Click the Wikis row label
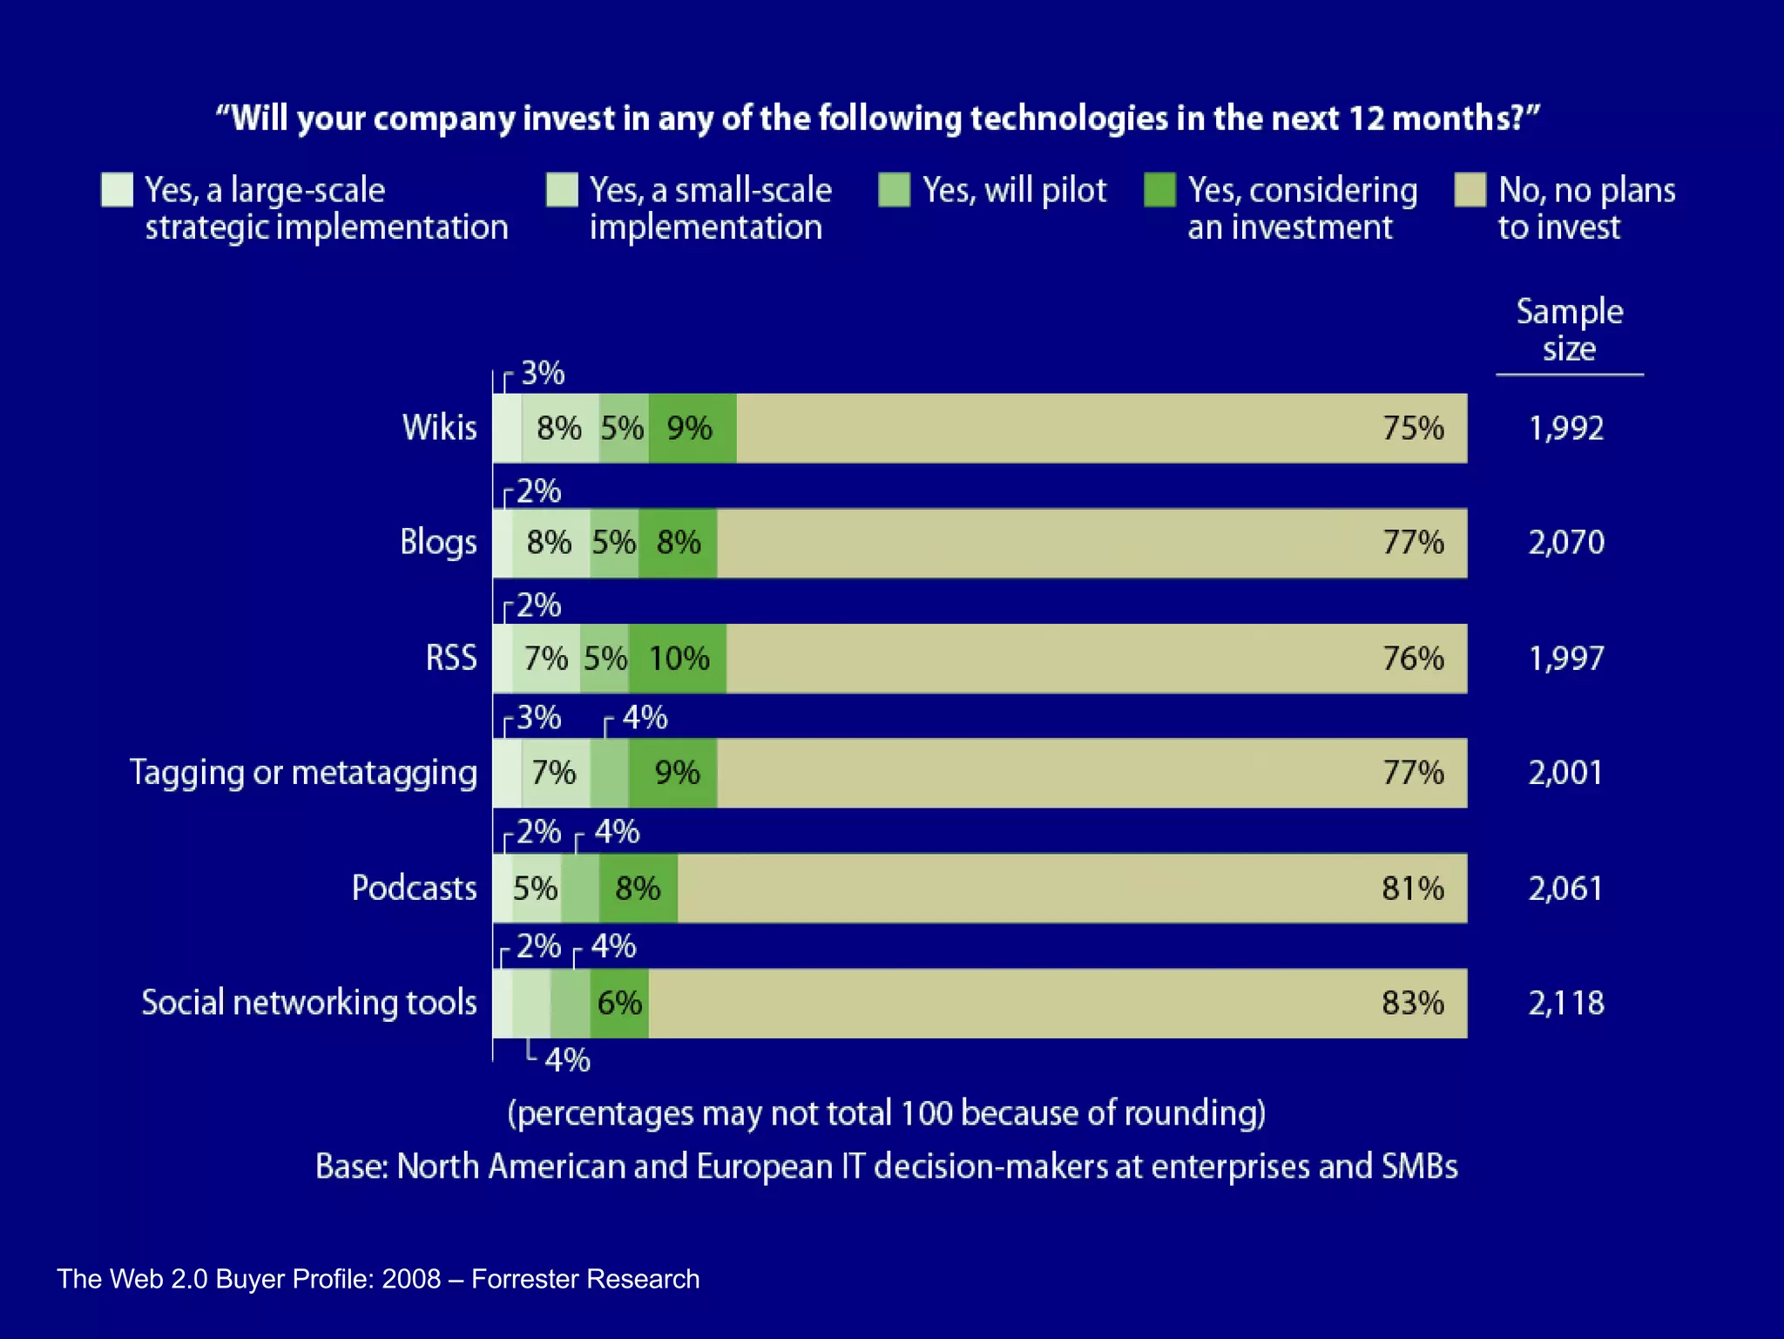click(439, 428)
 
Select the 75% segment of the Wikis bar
click(1101, 428)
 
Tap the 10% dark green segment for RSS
click(679, 659)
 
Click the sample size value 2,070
click(1565, 543)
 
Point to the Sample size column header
click(1569, 330)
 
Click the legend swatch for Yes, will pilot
click(894, 190)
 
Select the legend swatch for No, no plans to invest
click(1470, 190)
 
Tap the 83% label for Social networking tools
click(1412, 1003)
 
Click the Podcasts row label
click(414, 888)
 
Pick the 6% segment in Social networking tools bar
click(619, 1003)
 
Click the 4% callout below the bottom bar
click(567, 1060)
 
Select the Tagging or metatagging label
click(303, 773)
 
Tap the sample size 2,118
click(1565, 1003)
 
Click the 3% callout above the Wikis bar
click(542, 374)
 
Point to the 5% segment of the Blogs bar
click(614, 543)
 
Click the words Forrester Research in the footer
click(585, 1279)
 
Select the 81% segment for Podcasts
click(1071, 888)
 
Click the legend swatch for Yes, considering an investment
click(1159, 190)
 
